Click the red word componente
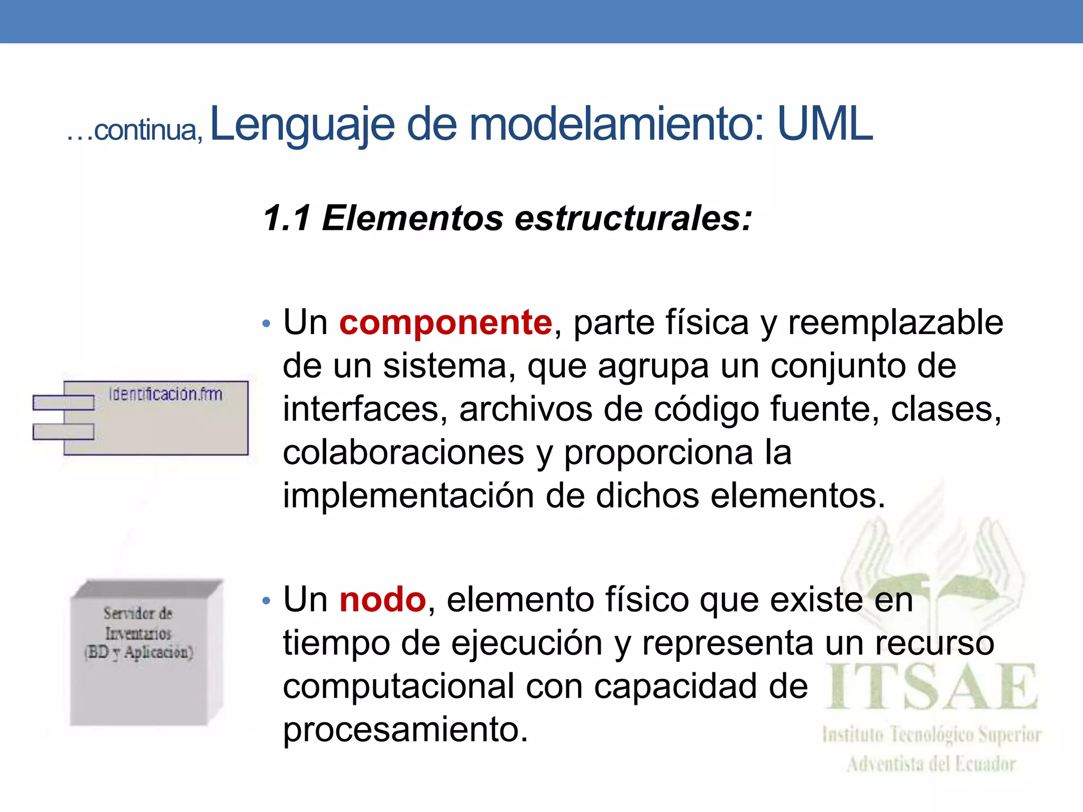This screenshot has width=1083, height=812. pos(445,322)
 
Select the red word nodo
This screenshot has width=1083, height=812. pos(382,600)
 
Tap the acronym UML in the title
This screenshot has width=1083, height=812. pos(824,124)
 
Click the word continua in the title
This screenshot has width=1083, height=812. pos(145,131)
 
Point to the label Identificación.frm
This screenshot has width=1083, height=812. pos(166,394)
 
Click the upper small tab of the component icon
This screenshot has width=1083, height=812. pos(63,403)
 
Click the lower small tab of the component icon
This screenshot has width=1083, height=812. pos(63,432)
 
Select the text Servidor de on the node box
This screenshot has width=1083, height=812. pos(138,614)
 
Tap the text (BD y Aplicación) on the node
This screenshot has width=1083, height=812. pos(139,653)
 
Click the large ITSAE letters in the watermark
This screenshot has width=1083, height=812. pos(932,687)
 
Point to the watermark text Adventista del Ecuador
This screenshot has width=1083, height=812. pos(931,764)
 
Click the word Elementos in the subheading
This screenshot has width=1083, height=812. pos(412,218)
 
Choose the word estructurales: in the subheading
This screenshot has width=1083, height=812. pos(633,218)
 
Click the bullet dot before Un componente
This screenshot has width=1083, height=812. pos(267,323)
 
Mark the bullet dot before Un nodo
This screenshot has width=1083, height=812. pos(267,601)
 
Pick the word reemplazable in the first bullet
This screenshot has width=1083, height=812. pos(895,322)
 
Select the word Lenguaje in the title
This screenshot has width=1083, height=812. pos(302,124)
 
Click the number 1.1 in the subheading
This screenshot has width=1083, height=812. pos(287,218)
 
